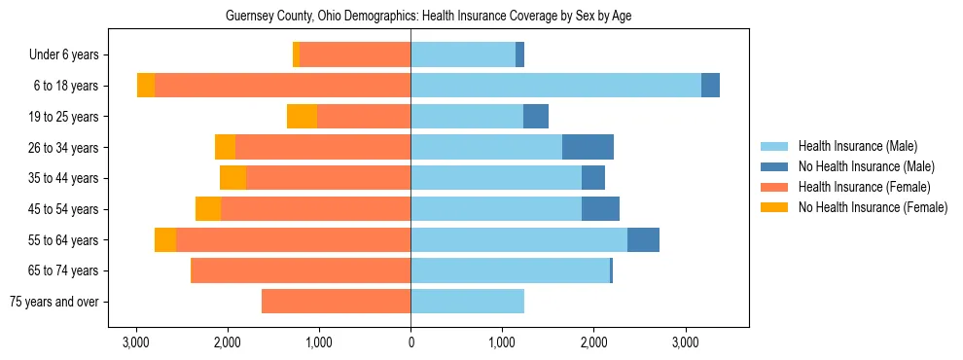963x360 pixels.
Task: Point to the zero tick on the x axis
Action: pos(410,342)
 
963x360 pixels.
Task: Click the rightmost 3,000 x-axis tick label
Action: pos(685,342)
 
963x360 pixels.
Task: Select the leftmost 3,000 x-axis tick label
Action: pos(136,342)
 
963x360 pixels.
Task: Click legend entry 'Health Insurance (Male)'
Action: pos(857,146)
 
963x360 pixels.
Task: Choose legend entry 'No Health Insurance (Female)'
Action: pos(873,207)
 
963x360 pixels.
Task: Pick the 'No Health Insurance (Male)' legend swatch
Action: pos(775,166)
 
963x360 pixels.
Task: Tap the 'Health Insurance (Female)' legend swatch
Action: pos(775,187)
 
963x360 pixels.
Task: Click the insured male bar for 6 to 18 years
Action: pos(555,86)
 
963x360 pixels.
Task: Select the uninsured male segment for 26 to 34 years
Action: pos(588,147)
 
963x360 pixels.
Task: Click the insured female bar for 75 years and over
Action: pos(336,302)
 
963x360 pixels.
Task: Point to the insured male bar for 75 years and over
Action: pos(467,302)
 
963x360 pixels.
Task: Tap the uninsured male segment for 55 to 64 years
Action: pos(643,239)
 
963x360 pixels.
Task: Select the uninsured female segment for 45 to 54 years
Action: pos(208,209)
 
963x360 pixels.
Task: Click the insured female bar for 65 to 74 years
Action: pos(302,270)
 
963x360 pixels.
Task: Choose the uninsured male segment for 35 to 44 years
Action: pos(593,178)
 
